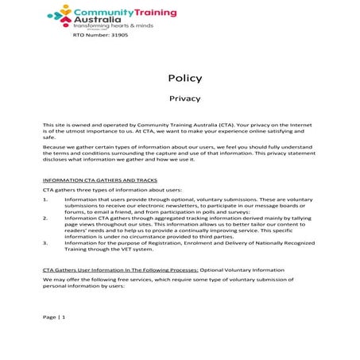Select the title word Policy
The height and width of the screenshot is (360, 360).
click(x=184, y=78)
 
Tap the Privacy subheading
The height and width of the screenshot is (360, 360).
click(x=184, y=99)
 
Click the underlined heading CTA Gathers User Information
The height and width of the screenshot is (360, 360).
click(x=114, y=271)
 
